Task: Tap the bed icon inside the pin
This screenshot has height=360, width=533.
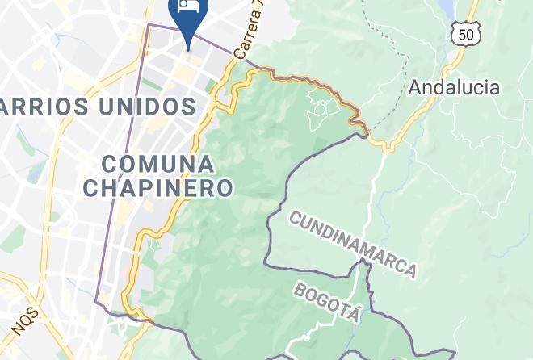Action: tap(188, 6)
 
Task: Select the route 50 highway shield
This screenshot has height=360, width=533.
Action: tap(467, 33)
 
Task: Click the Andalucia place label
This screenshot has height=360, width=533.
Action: tap(454, 87)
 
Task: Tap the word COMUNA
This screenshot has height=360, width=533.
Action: tap(159, 165)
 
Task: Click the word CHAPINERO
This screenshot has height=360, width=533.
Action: tap(159, 189)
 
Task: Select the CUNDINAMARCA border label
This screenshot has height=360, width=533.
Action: tap(353, 243)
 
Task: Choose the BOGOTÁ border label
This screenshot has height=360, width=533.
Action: tap(325, 302)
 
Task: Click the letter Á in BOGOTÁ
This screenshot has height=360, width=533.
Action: tap(351, 312)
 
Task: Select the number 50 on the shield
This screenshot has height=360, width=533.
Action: tap(467, 34)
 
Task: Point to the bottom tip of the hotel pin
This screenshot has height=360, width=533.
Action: tap(188, 48)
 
